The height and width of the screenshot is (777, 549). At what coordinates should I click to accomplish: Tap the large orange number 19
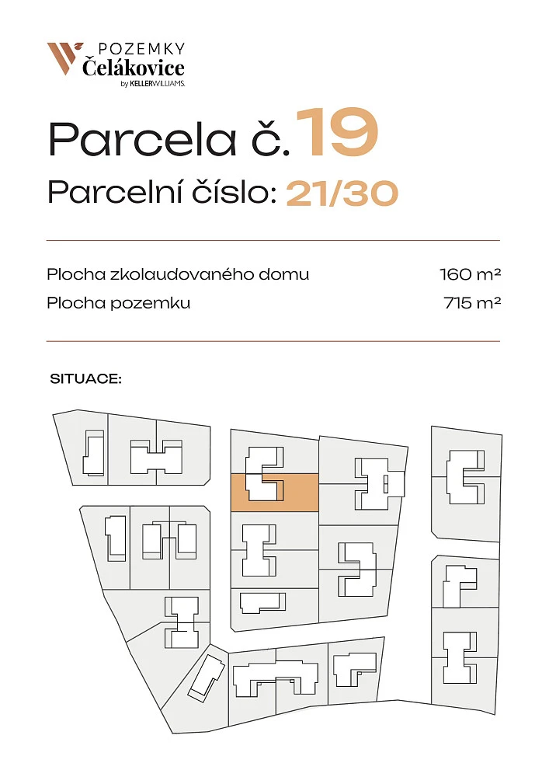(337, 132)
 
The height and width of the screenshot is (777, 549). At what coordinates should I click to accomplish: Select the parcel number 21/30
(342, 193)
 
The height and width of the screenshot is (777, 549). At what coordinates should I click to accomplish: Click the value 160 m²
(471, 274)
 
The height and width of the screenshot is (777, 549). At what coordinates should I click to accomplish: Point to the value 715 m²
(473, 303)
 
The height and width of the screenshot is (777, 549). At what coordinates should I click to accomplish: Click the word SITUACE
(85, 379)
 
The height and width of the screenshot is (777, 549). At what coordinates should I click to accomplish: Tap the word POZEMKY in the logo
(141, 48)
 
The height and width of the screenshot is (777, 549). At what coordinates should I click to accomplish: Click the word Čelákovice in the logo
(133, 68)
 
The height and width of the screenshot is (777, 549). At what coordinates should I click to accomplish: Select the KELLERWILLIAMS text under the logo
(157, 84)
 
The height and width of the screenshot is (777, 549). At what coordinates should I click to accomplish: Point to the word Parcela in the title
(142, 139)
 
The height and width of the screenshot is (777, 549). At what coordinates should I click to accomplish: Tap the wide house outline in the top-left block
(156, 456)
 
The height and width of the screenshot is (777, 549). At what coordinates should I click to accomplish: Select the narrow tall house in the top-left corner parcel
(93, 453)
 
